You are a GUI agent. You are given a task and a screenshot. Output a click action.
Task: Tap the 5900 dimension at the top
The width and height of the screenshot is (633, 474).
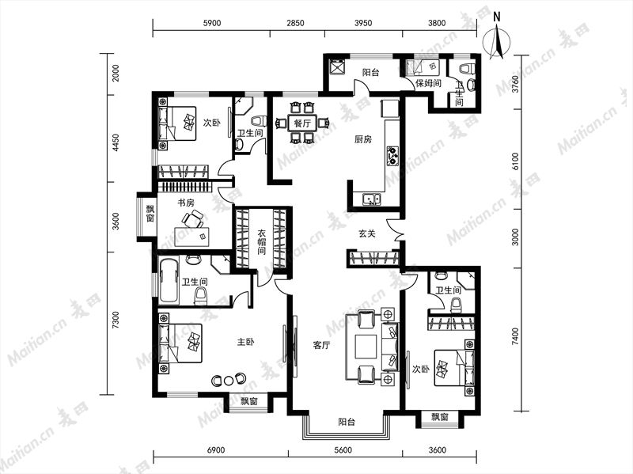pyautogui.click(x=211, y=23)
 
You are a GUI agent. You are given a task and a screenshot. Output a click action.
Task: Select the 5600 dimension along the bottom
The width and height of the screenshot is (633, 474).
pyautogui.click(x=343, y=449)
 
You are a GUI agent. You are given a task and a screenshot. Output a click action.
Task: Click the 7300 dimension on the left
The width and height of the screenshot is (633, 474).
pyautogui.click(x=116, y=320)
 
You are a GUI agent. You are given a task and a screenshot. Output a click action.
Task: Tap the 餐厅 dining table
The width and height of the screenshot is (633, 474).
pyautogui.click(x=302, y=123)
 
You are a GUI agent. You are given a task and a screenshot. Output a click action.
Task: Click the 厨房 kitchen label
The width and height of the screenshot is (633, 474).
pyautogui.click(x=363, y=139)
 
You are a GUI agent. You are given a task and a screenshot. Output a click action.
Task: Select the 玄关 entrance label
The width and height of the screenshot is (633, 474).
pyautogui.click(x=367, y=233)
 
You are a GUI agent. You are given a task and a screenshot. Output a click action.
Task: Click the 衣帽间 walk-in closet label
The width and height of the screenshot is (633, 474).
pyautogui.click(x=262, y=242)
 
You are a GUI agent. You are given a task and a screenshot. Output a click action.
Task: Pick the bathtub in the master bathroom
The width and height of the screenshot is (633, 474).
pyautogui.click(x=169, y=281)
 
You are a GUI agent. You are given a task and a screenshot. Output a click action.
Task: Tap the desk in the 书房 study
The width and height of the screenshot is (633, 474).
pyautogui.click(x=192, y=236)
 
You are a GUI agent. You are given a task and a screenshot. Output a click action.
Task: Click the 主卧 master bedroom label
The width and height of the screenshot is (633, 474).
pyautogui.click(x=245, y=342)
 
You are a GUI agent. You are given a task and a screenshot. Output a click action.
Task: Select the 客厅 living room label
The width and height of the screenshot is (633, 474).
pyautogui.click(x=322, y=345)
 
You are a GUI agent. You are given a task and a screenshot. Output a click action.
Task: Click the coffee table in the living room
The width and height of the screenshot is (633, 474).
pyautogui.click(x=366, y=346)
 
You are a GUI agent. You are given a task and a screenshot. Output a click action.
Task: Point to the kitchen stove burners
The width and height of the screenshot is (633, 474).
pyautogui.click(x=392, y=156)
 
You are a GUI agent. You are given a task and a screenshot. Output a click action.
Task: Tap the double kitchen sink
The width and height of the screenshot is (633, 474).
pyautogui.click(x=371, y=199)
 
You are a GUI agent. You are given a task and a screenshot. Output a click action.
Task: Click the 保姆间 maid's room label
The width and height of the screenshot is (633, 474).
pyautogui.click(x=428, y=84)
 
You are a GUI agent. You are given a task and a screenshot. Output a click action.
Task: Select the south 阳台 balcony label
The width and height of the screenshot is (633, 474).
pyautogui.click(x=347, y=423)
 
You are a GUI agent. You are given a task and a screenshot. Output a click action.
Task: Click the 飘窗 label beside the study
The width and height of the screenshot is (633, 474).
pyautogui.click(x=150, y=214)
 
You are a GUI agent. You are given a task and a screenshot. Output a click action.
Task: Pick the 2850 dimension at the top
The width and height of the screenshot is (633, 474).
pyautogui.click(x=295, y=23)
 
